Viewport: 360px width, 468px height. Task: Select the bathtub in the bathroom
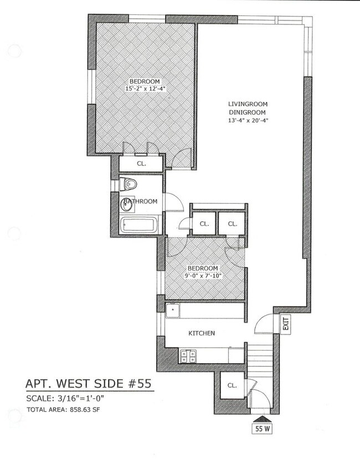pyautogui.click(x=139, y=226)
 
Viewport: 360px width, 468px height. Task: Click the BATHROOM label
pyautogui.click(x=140, y=201)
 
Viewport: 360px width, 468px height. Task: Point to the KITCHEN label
pyautogui.click(x=202, y=333)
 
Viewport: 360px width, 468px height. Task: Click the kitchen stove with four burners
pyautogui.click(x=188, y=356)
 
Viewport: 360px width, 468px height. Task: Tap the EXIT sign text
pyautogui.click(x=286, y=323)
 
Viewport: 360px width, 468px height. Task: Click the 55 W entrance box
pyautogui.click(x=262, y=429)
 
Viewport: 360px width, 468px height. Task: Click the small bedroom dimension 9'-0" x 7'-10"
pyautogui.click(x=202, y=276)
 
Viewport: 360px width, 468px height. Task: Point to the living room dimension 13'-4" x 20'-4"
pyautogui.click(x=248, y=121)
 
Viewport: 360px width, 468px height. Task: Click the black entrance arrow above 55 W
pyautogui.click(x=262, y=419)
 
